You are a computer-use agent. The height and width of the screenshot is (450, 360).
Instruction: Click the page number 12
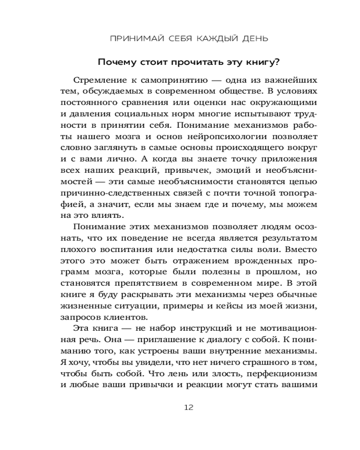tap(189, 408)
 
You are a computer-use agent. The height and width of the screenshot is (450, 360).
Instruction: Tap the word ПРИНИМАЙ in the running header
tap(131, 38)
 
